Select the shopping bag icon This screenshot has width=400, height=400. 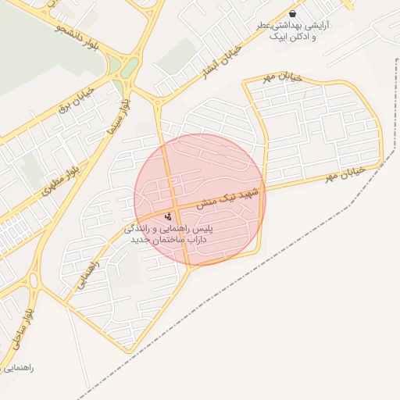292,13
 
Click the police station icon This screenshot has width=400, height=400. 168,216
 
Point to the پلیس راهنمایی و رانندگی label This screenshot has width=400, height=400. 173,230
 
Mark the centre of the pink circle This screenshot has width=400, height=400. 200,199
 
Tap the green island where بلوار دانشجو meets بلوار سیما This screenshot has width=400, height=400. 130,68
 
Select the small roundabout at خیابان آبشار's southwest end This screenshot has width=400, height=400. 159,101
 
